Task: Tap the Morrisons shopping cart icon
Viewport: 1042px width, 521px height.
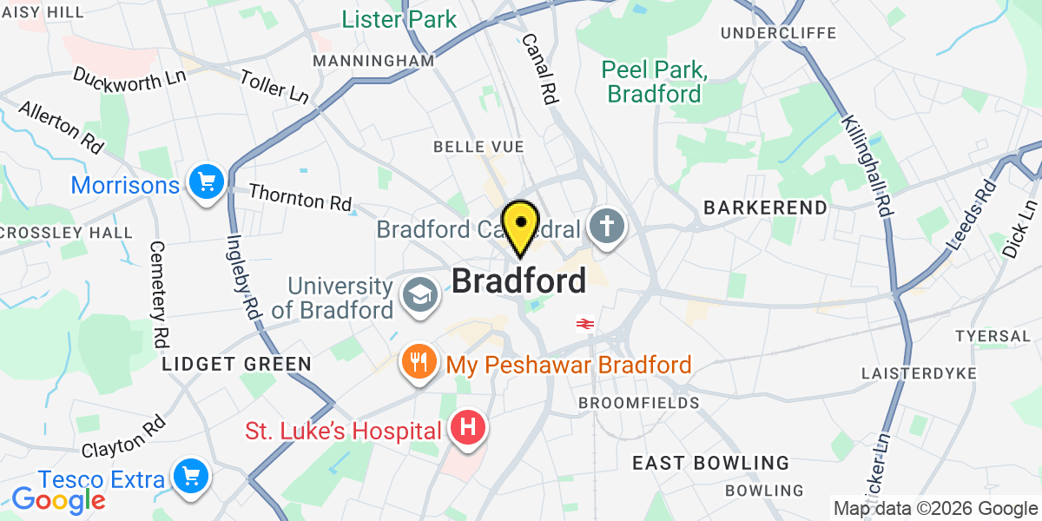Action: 207,183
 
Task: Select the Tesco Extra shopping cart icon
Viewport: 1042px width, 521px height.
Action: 188,477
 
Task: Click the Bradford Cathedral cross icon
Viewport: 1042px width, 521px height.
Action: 606,228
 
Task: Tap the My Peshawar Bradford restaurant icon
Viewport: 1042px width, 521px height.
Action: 419,362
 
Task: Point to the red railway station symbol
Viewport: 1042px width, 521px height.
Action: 584,324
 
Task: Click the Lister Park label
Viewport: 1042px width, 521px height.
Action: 399,19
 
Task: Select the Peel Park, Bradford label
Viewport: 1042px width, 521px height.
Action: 654,82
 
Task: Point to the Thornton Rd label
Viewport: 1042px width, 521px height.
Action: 300,200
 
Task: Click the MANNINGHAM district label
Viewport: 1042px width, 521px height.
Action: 373,61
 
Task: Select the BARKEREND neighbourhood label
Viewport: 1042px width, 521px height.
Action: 754,208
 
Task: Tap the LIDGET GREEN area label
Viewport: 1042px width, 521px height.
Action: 235,364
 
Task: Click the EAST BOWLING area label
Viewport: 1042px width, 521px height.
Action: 710,463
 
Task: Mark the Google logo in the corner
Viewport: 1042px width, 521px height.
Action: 58,499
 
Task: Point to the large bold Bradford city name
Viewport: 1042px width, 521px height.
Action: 518,280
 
